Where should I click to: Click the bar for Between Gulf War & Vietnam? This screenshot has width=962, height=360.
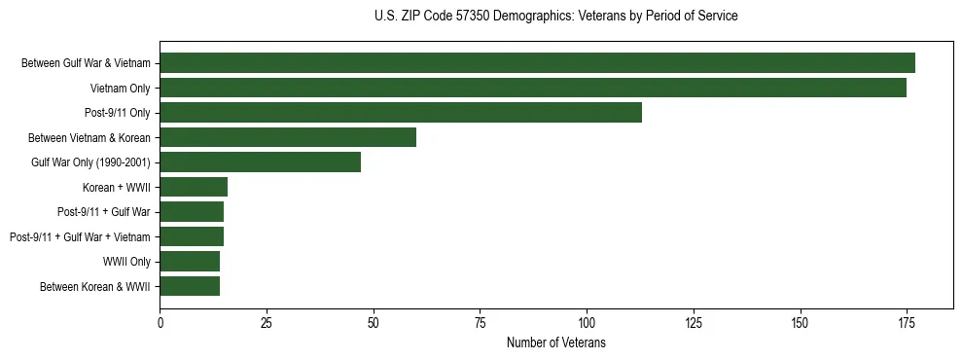pyautogui.click(x=537, y=63)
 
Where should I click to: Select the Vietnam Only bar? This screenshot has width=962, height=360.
pyautogui.click(x=533, y=88)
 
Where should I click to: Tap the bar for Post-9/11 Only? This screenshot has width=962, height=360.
pyautogui.click(x=401, y=113)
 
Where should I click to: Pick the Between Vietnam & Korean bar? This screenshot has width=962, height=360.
pyautogui.click(x=288, y=137)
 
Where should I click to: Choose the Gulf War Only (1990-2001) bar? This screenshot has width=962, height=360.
pyautogui.click(x=261, y=162)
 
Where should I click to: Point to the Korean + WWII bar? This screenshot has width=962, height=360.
pyautogui.click(x=194, y=187)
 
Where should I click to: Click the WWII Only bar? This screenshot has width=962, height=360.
pyautogui.click(x=190, y=261)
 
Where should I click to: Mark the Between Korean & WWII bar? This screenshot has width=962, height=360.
pyautogui.click(x=190, y=286)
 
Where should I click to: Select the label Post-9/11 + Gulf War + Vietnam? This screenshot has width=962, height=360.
pyautogui.click(x=80, y=236)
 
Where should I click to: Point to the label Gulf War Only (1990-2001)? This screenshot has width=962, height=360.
pyautogui.click(x=90, y=162)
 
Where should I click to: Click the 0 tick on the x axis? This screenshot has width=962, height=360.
pyautogui.click(x=160, y=321)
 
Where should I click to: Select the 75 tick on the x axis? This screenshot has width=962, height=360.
pyautogui.click(x=481, y=321)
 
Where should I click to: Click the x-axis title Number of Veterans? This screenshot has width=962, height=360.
pyautogui.click(x=555, y=342)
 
